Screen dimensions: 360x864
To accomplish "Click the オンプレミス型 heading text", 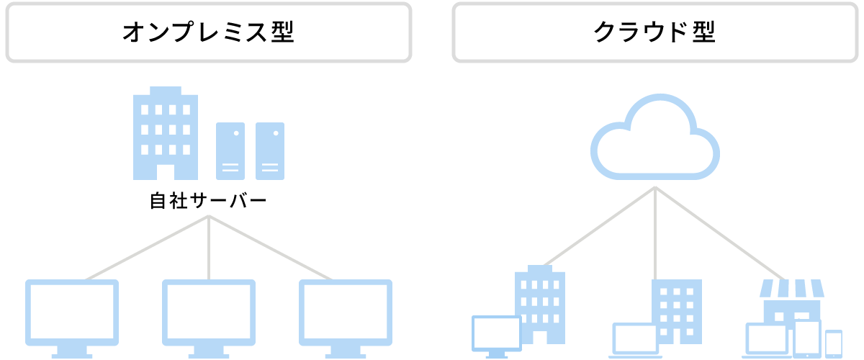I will click(x=208, y=32).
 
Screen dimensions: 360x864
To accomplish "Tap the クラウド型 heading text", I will click(x=654, y=32).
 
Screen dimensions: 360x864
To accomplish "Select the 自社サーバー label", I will click(x=208, y=200).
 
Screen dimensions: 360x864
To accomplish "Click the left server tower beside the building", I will click(x=230, y=150).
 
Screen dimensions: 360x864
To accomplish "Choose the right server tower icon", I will click(x=270, y=150).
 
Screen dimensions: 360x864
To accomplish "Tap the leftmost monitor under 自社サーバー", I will click(x=72, y=313).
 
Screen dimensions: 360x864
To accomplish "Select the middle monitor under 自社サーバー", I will click(x=209, y=313).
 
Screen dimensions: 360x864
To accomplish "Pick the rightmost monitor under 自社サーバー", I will click(x=346, y=313).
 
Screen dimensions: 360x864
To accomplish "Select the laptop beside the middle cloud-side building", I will click(x=635, y=340).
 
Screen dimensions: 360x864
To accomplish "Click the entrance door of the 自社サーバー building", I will click(x=166, y=172).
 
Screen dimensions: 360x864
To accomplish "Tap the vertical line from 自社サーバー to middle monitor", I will click(x=209, y=248).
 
